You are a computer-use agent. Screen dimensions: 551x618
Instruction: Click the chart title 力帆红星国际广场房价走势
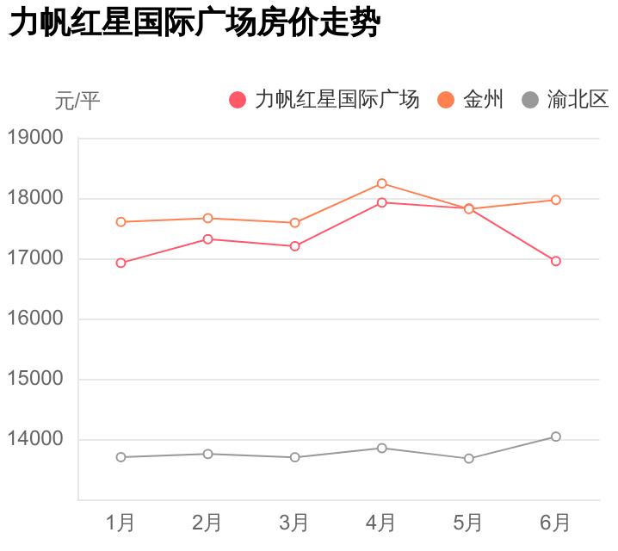194,24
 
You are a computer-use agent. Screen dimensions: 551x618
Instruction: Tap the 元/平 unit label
77,102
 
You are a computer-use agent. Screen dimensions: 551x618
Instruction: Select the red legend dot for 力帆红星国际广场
238,100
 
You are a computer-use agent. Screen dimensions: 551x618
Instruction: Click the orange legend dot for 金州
446,100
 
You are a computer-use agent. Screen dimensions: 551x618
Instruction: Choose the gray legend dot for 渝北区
530,100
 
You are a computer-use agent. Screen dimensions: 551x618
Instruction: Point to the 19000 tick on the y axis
35,138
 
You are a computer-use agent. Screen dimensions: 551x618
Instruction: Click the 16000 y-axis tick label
35,319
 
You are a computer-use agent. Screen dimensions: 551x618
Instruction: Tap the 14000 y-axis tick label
35,439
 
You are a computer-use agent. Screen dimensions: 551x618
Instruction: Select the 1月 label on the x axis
121,522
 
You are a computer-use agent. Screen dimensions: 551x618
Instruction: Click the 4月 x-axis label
381,522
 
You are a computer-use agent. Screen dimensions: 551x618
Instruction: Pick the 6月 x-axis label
555,522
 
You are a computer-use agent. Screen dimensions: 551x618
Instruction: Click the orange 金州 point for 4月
381,183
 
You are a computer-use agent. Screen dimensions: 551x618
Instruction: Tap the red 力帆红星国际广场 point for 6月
556,261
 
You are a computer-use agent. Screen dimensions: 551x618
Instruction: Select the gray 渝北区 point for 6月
556,436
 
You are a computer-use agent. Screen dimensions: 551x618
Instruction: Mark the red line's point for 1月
121,263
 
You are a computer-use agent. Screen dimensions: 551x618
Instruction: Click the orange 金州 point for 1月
121,221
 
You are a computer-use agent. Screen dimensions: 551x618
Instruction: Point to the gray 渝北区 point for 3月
294,457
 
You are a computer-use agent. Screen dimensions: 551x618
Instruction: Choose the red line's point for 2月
207,238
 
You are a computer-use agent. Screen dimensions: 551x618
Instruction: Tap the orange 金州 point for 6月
556,200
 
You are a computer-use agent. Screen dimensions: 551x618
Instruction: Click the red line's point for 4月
381,202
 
